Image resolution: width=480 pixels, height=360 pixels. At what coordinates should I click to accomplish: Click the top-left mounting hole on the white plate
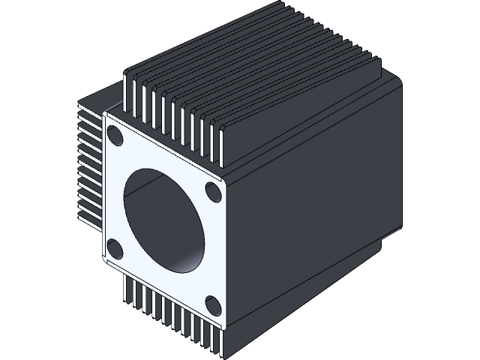(x=116, y=136)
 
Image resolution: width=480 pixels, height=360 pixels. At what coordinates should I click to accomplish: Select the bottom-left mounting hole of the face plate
(x=114, y=247)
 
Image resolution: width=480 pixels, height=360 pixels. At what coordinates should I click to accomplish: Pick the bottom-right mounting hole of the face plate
(x=212, y=304)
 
